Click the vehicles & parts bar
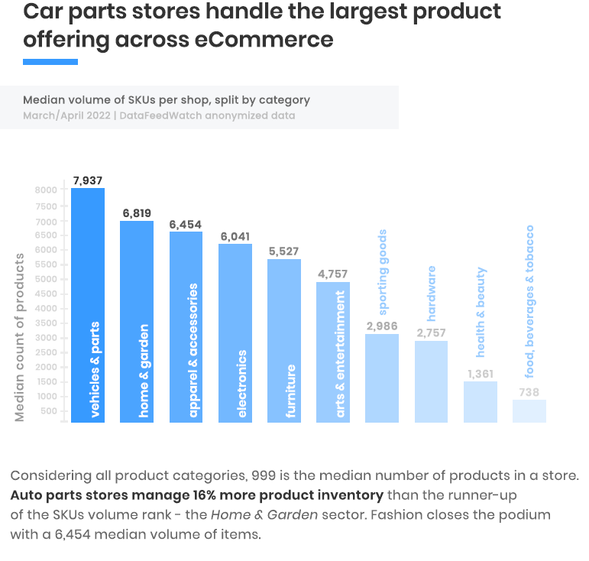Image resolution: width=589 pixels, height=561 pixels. [88, 306]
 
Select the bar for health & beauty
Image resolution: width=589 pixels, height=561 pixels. [481, 402]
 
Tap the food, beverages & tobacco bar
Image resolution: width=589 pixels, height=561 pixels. [529, 411]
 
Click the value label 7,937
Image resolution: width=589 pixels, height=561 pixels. [88, 181]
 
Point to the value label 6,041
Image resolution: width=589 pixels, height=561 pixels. [235, 237]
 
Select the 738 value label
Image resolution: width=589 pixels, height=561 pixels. [529, 392]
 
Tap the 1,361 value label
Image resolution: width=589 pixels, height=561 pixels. [481, 374]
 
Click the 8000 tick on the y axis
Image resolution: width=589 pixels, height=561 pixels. [46, 190]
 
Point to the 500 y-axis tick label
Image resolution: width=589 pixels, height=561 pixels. [50, 411]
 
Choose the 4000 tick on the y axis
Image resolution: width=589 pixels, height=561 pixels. [46, 308]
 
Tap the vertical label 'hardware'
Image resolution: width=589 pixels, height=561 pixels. [432, 293]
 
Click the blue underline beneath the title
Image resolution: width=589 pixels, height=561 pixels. [50, 62]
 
